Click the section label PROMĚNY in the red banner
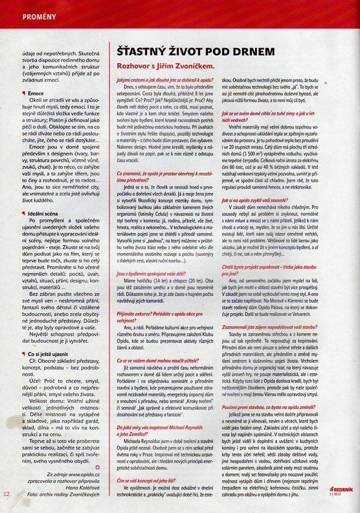39,17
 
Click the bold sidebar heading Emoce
36,93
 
